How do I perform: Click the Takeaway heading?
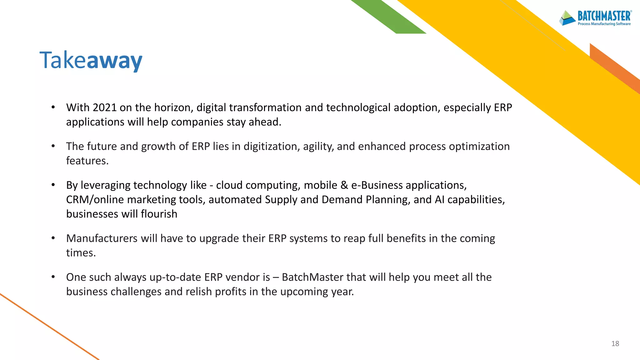click(x=91, y=60)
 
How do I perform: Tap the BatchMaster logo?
click(x=596, y=18)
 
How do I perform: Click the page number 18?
click(x=615, y=344)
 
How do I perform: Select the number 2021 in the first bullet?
click(x=104, y=108)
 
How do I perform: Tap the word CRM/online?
click(x=95, y=200)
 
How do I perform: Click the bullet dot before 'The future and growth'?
click(x=53, y=146)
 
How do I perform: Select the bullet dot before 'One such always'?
click(x=53, y=277)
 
